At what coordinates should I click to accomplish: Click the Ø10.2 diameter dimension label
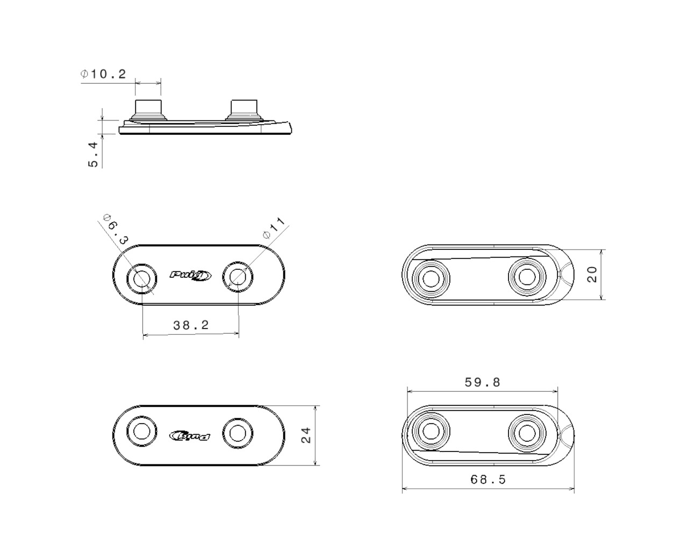pos(103,74)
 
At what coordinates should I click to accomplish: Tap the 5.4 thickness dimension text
pos(92,154)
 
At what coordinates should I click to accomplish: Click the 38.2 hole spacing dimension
pos(191,325)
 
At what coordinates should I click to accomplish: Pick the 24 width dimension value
pos(305,435)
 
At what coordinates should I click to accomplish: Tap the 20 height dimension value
pos(592,274)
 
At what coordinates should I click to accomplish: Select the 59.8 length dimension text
pos(482,382)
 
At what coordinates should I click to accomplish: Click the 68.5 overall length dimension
pos(488,479)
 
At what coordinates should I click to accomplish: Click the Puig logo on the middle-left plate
pos(191,275)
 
